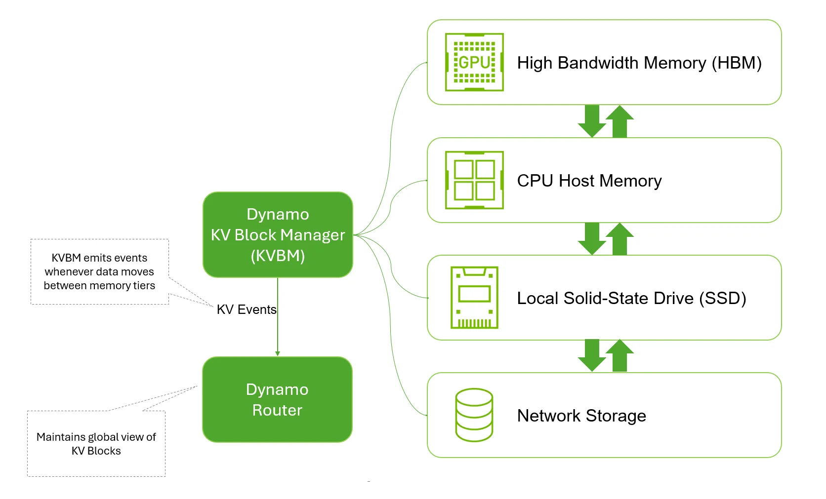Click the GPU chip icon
point(474,62)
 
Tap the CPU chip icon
point(474,180)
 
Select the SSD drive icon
point(474,298)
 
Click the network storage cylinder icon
point(474,415)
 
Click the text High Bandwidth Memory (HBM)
point(639,63)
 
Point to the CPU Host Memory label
point(589,181)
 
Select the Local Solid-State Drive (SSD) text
point(631,298)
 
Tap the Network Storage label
point(581,416)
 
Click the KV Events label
point(246,309)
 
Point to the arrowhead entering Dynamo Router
point(278,353)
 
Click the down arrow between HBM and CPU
point(592,121)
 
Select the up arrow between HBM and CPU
point(619,121)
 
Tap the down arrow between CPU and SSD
point(592,239)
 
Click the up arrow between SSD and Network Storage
point(619,355)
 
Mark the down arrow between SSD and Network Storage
point(592,355)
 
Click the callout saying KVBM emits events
point(99,271)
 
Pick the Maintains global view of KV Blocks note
point(96,443)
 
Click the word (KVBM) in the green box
point(278,256)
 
